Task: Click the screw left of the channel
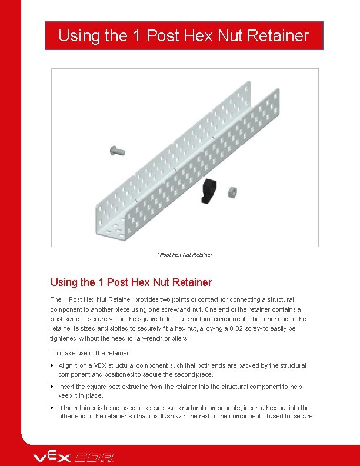tap(118, 151)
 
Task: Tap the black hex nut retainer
tap(209, 192)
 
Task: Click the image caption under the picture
tap(184, 255)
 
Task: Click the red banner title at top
tap(184, 36)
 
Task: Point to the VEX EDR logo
tap(74, 457)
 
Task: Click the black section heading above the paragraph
tap(131, 282)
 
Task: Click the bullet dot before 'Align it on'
tap(53, 365)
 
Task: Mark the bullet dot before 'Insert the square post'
tap(53, 387)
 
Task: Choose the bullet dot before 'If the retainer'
tap(53, 408)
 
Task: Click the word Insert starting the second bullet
tap(66, 387)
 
